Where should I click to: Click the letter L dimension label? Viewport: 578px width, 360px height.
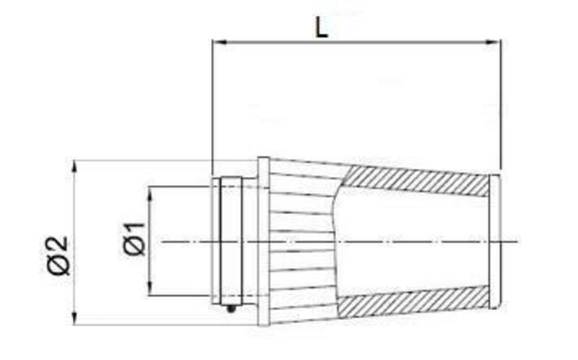pos(322,27)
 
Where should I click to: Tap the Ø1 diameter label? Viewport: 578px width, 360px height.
pos(134,239)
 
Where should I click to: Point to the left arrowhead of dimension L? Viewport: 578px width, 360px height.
pos(216,43)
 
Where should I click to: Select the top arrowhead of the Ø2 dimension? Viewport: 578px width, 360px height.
pos(75,165)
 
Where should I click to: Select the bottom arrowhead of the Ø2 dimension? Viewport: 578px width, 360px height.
pos(75,320)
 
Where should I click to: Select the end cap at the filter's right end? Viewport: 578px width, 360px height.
pos(495,241)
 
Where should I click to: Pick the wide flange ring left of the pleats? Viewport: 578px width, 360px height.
pos(264,241)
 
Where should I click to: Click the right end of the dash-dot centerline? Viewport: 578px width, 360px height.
pos(517,241)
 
